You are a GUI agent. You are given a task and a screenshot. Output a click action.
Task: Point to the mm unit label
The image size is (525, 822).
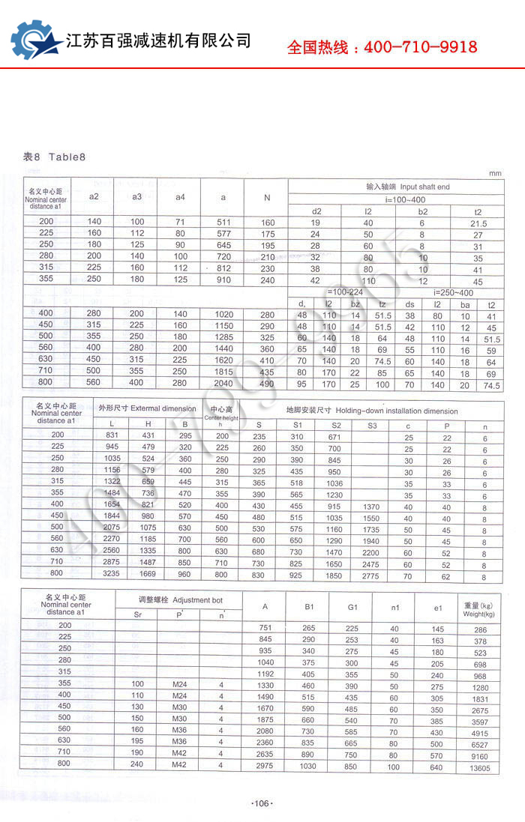pos(494,173)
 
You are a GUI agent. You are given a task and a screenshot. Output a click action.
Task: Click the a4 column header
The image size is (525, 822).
pos(180,197)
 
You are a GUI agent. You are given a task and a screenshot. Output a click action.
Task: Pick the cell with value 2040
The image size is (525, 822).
pos(223,383)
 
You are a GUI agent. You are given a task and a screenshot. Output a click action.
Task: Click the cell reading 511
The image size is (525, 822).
pos(223,223)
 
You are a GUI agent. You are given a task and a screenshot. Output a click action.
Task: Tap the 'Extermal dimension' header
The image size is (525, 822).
pos(148,409)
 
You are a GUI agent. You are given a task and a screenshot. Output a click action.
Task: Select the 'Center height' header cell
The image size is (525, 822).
pos(221,414)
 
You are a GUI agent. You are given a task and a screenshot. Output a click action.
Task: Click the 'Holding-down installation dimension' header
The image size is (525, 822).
pos(372,411)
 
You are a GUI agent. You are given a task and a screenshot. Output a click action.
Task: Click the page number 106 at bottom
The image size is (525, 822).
pos(262,803)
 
